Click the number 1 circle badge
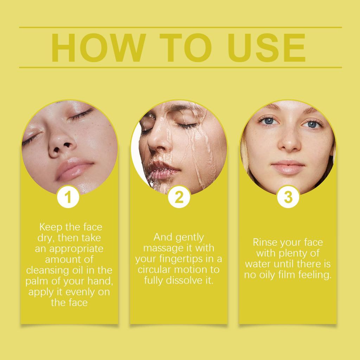(68, 197)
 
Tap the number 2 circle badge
(179, 197)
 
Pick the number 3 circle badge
(288, 197)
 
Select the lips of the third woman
(288, 167)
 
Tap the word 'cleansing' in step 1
(44, 270)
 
